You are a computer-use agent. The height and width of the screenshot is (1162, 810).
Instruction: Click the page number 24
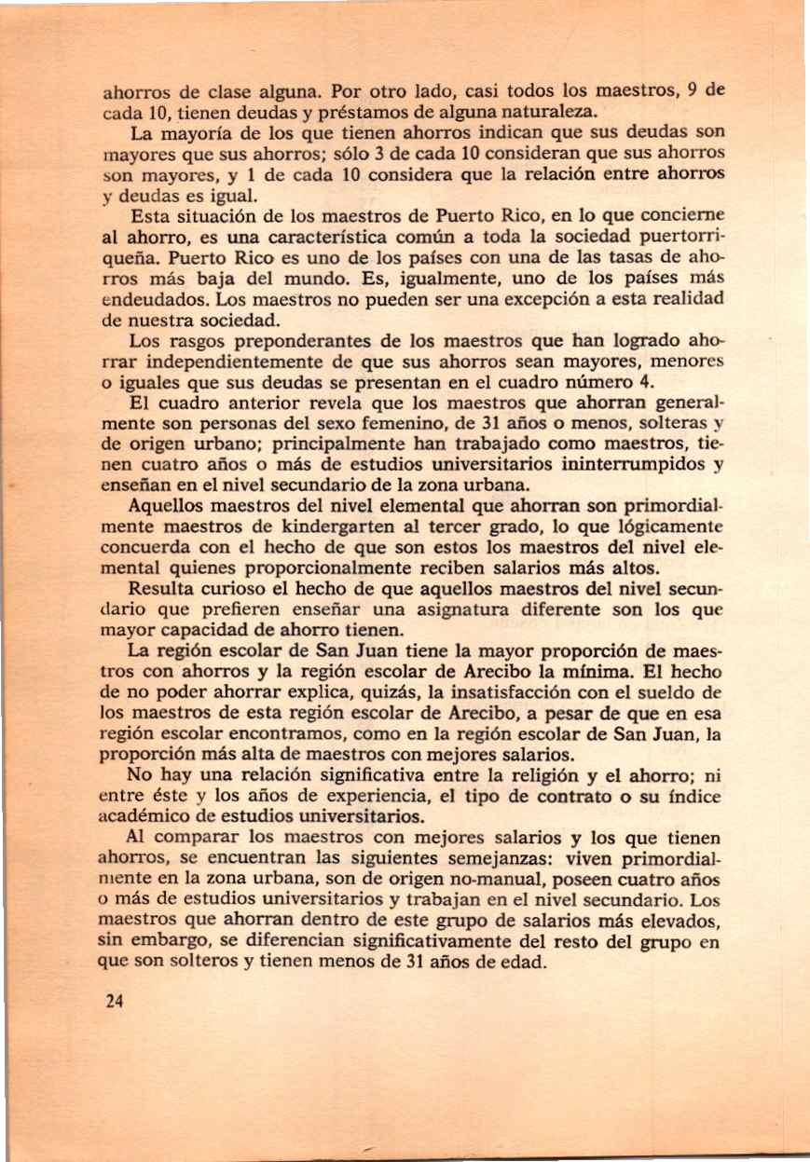coord(115,1004)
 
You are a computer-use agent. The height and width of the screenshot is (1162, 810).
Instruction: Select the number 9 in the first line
coord(691,92)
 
